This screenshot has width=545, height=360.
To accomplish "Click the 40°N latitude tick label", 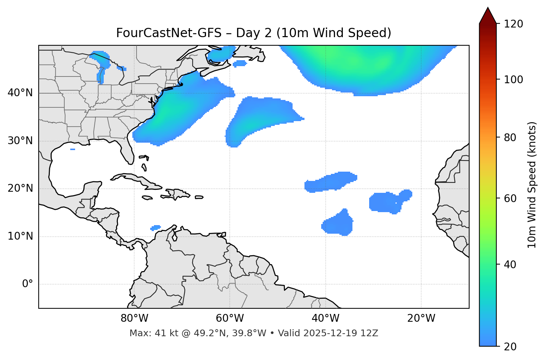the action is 20,93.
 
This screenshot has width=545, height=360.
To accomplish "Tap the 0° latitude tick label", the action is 28,284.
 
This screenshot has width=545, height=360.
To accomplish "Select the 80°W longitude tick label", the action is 134,318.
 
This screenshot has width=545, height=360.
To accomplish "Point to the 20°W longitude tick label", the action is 421,318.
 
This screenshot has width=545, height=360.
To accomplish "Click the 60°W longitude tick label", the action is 229,318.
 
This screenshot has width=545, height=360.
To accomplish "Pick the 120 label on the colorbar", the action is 514,24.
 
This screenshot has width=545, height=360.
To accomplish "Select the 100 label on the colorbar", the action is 514,80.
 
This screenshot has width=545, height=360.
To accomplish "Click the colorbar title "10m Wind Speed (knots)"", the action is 532,185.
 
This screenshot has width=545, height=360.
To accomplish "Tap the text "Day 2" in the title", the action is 254,33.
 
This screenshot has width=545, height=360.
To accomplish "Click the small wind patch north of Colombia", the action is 155,227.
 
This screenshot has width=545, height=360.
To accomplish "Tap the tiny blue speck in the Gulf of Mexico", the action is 72,149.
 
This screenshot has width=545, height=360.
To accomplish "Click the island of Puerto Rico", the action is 199,197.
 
